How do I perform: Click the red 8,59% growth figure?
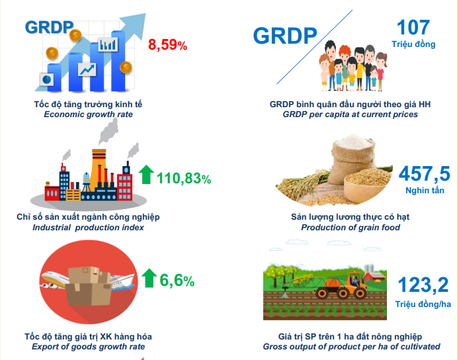coord(167,45)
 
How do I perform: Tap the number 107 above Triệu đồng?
coord(413,27)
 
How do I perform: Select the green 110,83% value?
coord(184,178)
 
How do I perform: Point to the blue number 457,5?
coord(424,173)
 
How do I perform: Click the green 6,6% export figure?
coord(177,281)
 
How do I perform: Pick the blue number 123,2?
coord(423,285)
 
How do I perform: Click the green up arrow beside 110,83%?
coord(146,174)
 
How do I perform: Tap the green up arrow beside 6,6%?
coord(149,278)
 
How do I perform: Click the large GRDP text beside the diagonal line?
coord(285,36)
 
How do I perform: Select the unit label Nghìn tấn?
coord(425,191)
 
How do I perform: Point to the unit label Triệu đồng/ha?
coord(423,304)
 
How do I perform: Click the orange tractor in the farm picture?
coord(340,286)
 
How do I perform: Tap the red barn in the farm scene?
coord(374,276)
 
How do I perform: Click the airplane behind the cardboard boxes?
coord(56,280)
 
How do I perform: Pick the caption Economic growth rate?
coord(88,114)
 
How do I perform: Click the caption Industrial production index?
coord(88,228)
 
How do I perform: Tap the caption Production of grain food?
coord(351,228)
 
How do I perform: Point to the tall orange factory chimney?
coord(99,169)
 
